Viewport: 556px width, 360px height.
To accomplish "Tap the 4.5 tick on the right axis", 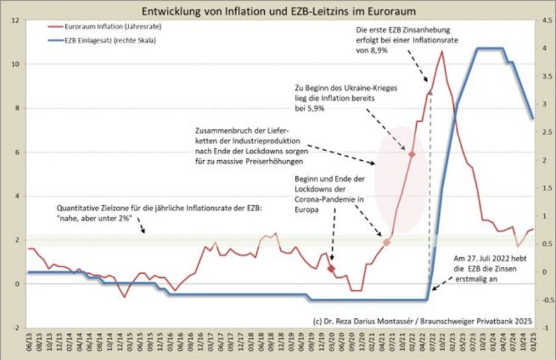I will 547,20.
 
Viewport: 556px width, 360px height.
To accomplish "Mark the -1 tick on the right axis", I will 547,328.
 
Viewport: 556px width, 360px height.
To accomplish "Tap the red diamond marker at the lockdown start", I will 331,268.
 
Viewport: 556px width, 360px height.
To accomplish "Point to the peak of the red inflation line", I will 442,51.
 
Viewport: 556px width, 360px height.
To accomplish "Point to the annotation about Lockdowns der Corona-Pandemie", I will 329,194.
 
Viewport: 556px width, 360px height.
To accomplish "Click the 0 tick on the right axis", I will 545,273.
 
